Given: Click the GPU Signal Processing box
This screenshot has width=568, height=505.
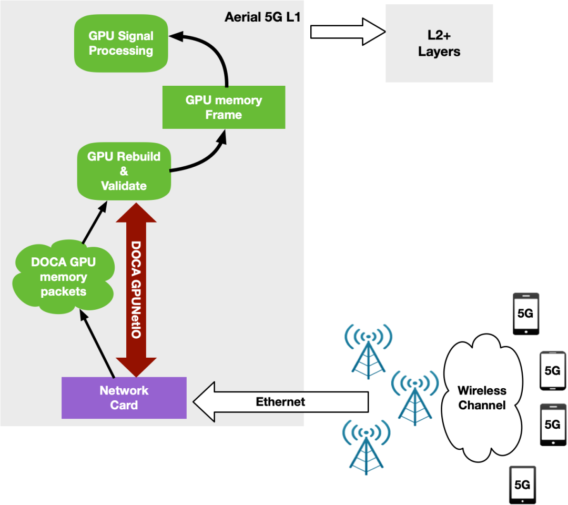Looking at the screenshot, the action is (121, 43).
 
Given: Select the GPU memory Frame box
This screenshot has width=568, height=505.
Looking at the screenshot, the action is (224, 107).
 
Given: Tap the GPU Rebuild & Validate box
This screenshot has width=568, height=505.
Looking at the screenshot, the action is (124, 171).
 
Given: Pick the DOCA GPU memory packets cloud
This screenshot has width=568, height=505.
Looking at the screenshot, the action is (64, 276).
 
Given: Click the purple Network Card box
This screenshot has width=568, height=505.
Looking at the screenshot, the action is (124, 398).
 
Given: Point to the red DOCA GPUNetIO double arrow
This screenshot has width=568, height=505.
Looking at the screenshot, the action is (136, 290).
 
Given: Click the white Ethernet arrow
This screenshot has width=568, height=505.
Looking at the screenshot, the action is (281, 402).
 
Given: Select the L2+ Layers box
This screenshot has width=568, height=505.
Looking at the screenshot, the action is (439, 43).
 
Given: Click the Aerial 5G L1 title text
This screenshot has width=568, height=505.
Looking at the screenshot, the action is (262, 17).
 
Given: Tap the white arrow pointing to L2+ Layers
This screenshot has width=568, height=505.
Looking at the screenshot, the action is (348, 32).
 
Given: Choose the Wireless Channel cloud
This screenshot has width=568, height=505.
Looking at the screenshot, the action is (482, 398).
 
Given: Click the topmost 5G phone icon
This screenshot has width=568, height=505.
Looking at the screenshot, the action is (526, 314).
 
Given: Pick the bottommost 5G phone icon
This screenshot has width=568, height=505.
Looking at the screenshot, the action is (522, 484).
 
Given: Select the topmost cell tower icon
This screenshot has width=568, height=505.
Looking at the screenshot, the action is (368, 351).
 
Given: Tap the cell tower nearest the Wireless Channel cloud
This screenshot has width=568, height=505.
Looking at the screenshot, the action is (415, 398).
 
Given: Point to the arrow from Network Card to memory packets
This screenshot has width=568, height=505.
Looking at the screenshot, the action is (97, 344).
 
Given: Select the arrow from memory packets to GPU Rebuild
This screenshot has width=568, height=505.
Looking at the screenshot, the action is (95, 222).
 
